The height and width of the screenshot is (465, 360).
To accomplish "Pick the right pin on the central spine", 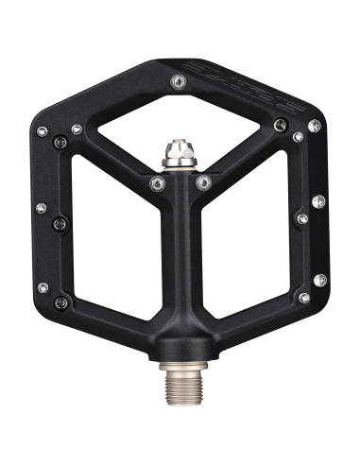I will (x=201, y=181).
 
